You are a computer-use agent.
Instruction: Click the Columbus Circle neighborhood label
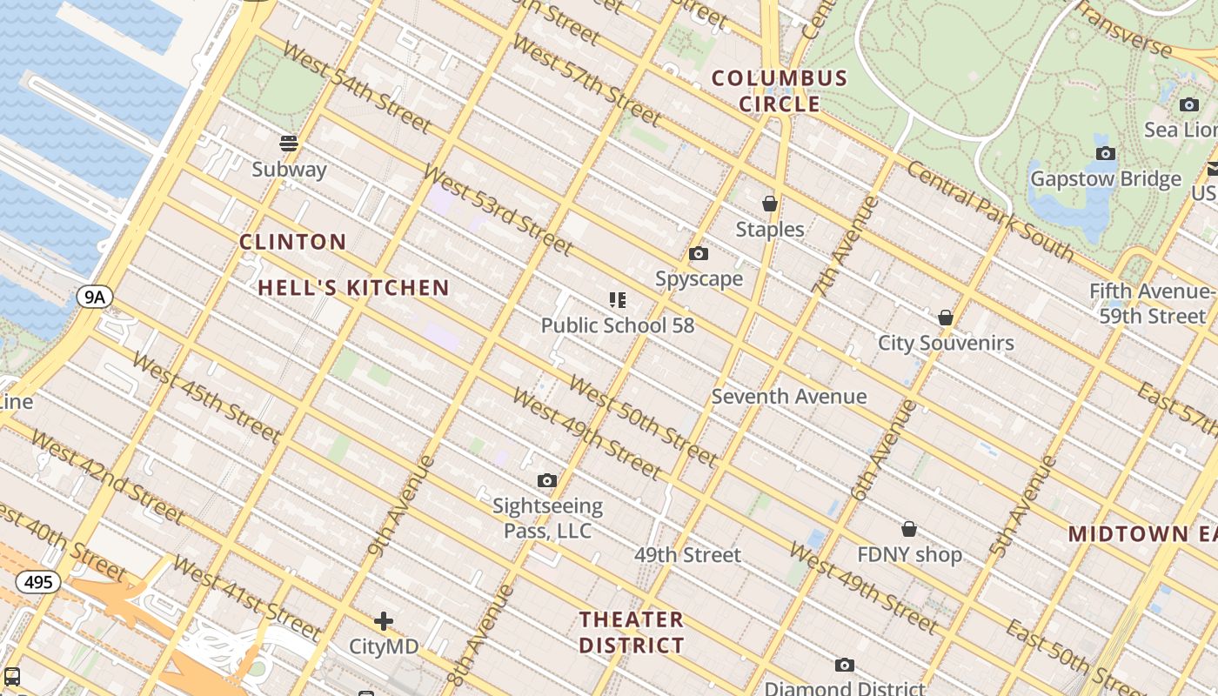pyautogui.click(x=780, y=90)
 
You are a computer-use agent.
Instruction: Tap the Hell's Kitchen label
pyautogui.click(x=353, y=288)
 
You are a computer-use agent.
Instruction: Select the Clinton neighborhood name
pyautogui.click(x=293, y=242)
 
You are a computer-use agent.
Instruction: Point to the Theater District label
pyautogui.click(x=632, y=632)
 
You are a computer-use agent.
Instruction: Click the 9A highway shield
pyautogui.click(x=94, y=298)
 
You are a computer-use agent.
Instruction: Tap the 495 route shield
pyautogui.click(x=38, y=581)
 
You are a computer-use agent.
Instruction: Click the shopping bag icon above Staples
pyautogui.click(x=770, y=204)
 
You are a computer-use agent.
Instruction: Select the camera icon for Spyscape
pyautogui.click(x=698, y=254)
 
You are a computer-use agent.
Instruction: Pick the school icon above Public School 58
pyautogui.click(x=618, y=301)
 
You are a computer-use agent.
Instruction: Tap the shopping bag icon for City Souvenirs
pyautogui.click(x=946, y=318)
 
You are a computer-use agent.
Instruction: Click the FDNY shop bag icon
pyautogui.click(x=909, y=529)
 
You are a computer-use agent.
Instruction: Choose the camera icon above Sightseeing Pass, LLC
pyautogui.click(x=547, y=480)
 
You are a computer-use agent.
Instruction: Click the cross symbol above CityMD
pyautogui.click(x=384, y=621)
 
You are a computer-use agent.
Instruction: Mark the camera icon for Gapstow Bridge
pyautogui.click(x=1106, y=154)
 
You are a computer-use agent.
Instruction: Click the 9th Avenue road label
pyautogui.click(x=401, y=505)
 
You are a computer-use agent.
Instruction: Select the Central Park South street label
pyautogui.click(x=990, y=211)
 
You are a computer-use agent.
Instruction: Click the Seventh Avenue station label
pyautogui.click(x=789, y=397)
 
